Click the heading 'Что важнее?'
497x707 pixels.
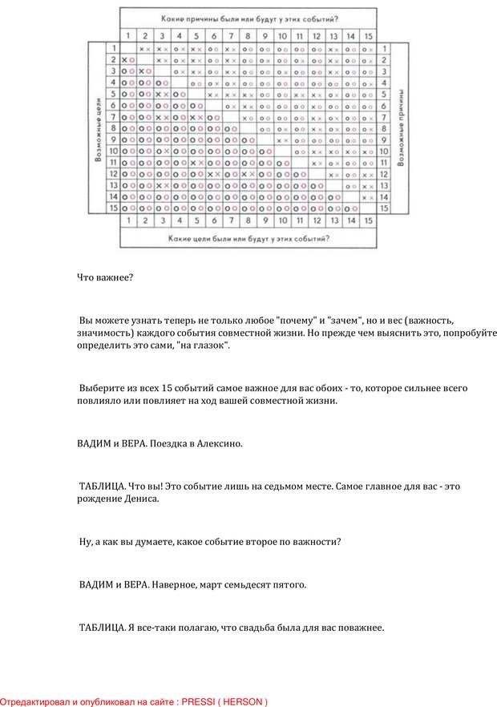click(104, 278)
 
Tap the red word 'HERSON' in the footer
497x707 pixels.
click(244, 701)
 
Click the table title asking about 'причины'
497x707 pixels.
click(249, 18)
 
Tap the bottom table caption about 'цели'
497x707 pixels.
click(248, 238)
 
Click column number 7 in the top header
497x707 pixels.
click(231, 36)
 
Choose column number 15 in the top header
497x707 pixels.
click(368, 36)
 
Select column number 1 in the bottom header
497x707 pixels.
click(127, 220)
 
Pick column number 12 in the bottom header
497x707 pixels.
click(317, 220)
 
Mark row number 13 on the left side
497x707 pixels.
click(113, 184)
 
